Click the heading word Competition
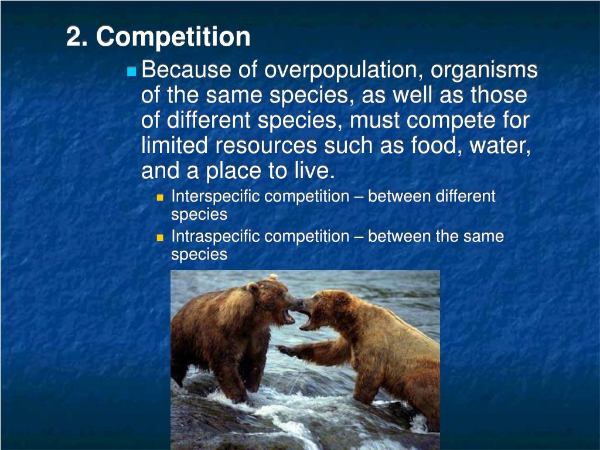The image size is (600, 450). pos(173,37)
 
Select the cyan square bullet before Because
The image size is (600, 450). pos(131,72)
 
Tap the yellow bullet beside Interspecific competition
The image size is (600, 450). pos(160,197)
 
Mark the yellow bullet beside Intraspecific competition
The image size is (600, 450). pos(160,237)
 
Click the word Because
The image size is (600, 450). pos(186,71)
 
